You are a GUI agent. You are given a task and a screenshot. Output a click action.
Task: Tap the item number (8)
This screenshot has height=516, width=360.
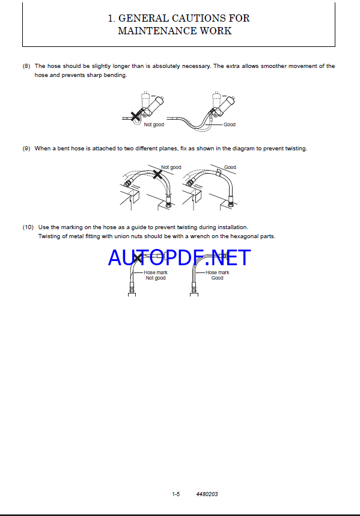coord(26,66)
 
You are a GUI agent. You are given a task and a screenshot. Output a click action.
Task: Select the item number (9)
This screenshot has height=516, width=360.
coord(26,149)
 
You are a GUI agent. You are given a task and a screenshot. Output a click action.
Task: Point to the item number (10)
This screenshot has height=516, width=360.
coord(28,227)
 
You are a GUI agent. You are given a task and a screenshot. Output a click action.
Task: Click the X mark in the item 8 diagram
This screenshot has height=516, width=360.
coord(135,116)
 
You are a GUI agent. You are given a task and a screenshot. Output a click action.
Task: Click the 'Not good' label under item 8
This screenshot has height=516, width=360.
coord(154,124)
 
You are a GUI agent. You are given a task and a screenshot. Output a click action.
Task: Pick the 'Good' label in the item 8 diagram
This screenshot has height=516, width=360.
coord(230,124)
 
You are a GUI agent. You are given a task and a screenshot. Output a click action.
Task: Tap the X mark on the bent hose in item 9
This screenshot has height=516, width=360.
coord(158,174)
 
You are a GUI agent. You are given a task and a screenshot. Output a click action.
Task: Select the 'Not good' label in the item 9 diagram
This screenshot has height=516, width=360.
coord(171,167)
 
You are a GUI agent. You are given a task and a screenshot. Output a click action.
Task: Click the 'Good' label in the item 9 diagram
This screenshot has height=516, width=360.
coord(230,167)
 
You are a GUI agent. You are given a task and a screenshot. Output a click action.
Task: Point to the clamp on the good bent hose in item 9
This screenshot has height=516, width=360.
coord(219,172)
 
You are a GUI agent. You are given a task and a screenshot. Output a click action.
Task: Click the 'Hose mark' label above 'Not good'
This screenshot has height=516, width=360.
coord(156,272)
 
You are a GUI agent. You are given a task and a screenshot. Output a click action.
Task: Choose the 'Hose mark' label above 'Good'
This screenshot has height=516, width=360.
coord(218,272)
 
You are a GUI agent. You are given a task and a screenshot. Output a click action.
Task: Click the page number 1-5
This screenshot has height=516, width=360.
coord(176,494)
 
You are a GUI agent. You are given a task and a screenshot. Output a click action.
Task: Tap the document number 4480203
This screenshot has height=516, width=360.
coord(207,494)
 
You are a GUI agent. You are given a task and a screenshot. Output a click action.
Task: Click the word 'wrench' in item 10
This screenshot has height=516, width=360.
coord(200,236)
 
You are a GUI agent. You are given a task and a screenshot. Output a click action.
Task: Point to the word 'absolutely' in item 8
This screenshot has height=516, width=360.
coord(166,66)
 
